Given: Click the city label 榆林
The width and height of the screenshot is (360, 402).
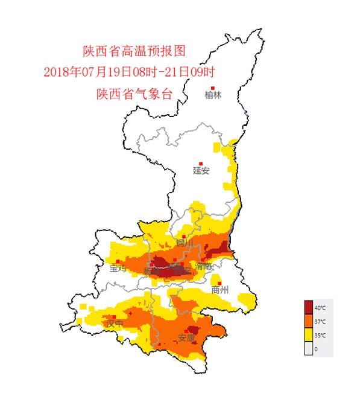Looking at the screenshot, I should coord(213,95).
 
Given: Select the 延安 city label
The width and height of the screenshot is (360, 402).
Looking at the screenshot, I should coord(201,170).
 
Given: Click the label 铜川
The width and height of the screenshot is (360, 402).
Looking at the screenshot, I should coord(184,243).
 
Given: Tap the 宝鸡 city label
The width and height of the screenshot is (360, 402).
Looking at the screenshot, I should coord(118,269).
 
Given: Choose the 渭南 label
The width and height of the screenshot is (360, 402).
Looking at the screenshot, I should coord(203,267).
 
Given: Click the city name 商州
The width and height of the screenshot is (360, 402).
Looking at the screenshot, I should coord(220,290).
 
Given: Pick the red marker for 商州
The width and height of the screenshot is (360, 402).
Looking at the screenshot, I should coord(221,282).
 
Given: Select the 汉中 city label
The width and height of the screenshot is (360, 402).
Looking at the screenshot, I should coord(114,324).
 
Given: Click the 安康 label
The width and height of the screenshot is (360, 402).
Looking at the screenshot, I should coord(186,339).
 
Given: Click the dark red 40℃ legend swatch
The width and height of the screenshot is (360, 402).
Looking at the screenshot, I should coord(309,305).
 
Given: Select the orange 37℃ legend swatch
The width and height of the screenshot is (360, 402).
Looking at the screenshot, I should coord(309,320).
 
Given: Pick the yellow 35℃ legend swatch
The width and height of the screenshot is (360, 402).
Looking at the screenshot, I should coord(309,334).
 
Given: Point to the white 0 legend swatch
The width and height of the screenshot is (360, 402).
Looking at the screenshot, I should coord(309,348).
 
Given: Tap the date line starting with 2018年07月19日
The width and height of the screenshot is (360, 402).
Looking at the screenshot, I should coord(130,72).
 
